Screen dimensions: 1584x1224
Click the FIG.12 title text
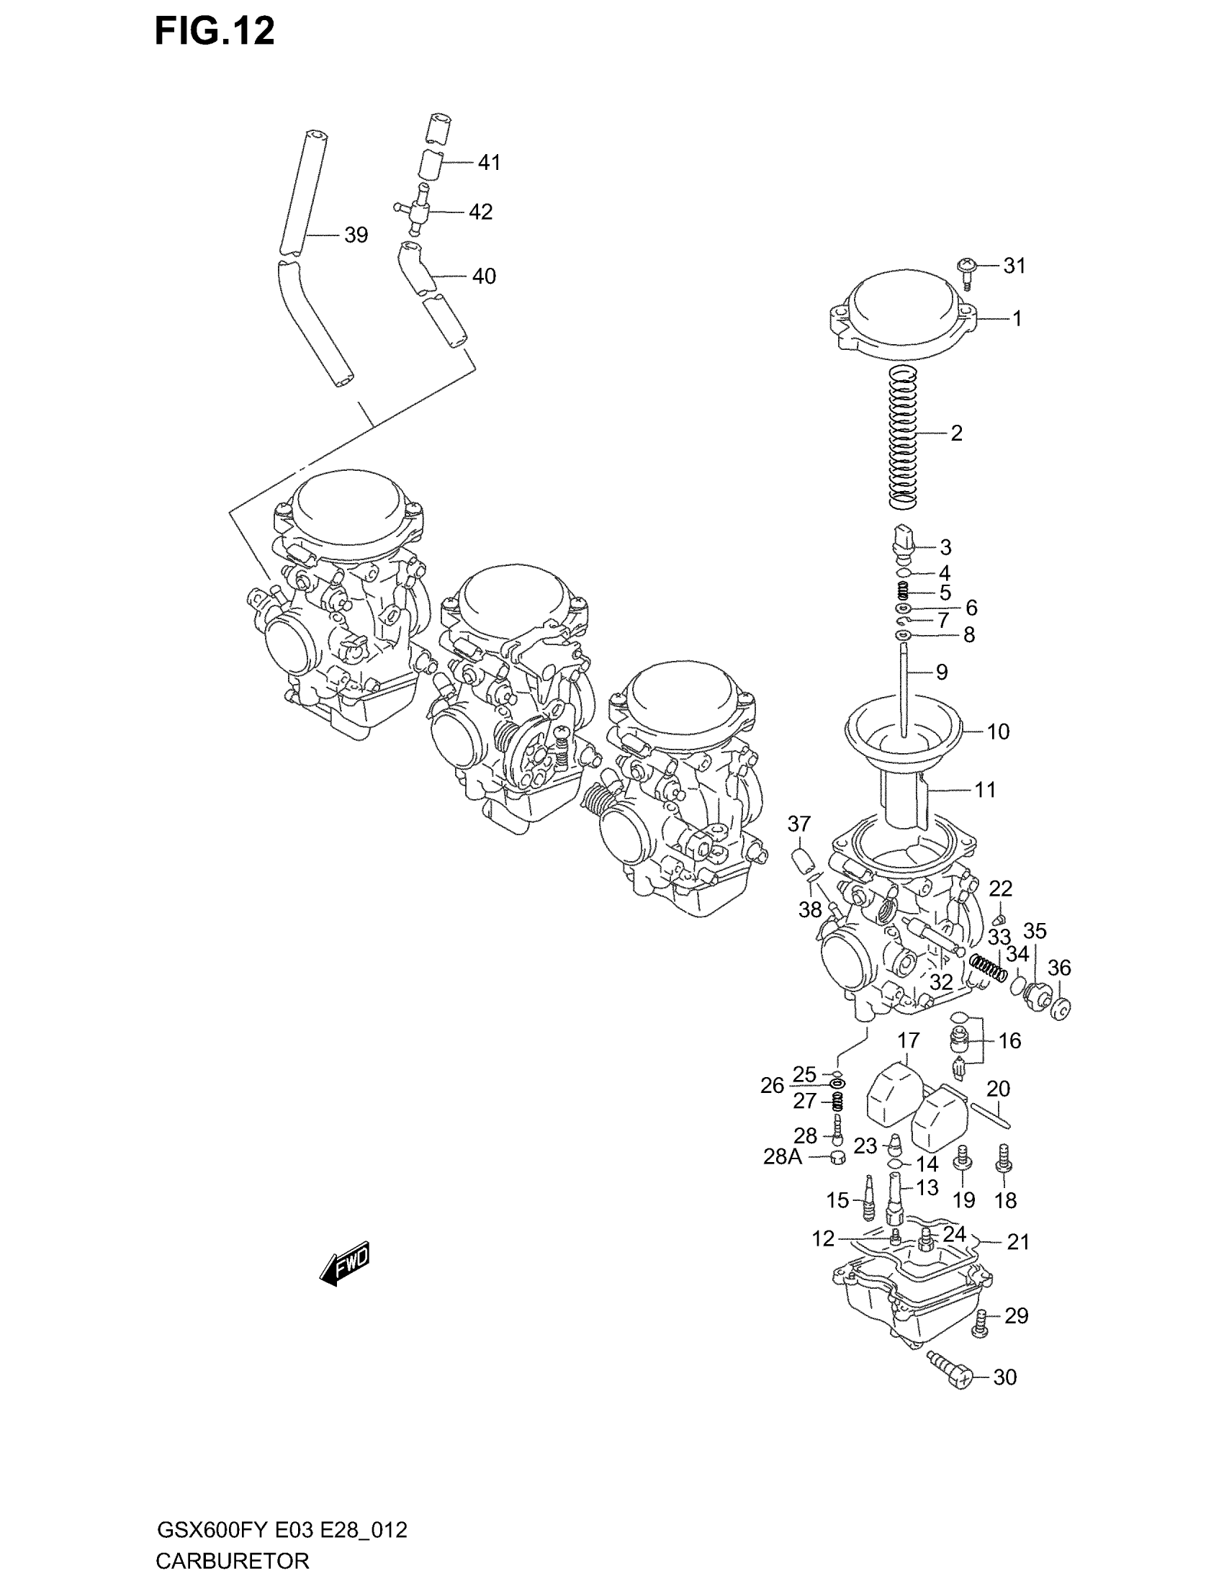point(215,32)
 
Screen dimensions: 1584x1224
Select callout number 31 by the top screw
point(1014,266)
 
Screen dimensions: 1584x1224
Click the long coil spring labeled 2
point(904,436)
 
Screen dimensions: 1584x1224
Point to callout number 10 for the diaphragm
point(998,732)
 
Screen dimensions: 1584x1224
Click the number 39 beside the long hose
point(356,235)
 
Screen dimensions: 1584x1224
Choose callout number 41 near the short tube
point(490,163)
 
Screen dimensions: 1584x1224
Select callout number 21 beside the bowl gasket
point(1018,1243)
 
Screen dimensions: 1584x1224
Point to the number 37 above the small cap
point(799,824)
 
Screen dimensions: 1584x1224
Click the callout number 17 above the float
point(908,1041)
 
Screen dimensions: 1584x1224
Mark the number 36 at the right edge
point(1059,968)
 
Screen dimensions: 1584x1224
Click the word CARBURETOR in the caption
point(232,1560)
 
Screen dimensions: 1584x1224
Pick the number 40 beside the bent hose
point(484,276)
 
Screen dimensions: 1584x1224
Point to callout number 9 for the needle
point(942,672)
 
